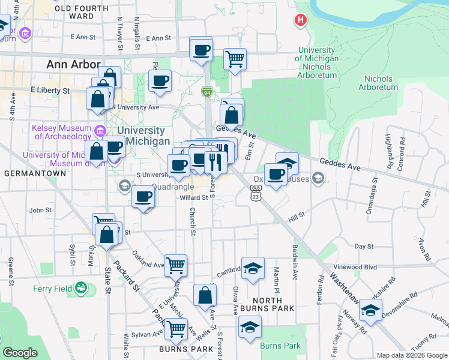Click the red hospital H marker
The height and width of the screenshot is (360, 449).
[300, 20]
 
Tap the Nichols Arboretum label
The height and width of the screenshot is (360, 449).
[378, 83]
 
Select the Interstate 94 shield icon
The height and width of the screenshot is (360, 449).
[206, 92]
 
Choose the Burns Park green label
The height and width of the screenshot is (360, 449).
[280, 346]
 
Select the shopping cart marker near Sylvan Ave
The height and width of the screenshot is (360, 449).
[176, 329]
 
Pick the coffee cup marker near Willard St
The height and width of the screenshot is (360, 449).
[143, 197]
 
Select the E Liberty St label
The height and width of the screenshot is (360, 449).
[50, 91]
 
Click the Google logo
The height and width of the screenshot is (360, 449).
[20, 353]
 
